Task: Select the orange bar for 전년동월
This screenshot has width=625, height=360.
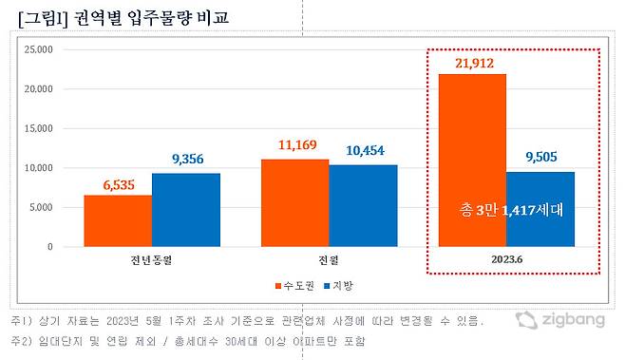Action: point(117,220)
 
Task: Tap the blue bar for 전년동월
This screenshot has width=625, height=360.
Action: point(185,209)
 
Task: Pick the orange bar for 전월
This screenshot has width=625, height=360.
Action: point(294,202)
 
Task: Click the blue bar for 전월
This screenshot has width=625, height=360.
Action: point(363,205)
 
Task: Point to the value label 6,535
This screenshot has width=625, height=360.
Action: point(117,182)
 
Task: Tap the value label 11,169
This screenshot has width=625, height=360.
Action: point(295,145)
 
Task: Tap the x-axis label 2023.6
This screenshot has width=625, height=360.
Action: point(506,259)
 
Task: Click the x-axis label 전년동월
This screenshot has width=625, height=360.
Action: point(151,259)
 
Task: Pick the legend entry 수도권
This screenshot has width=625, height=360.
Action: point(292,285)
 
